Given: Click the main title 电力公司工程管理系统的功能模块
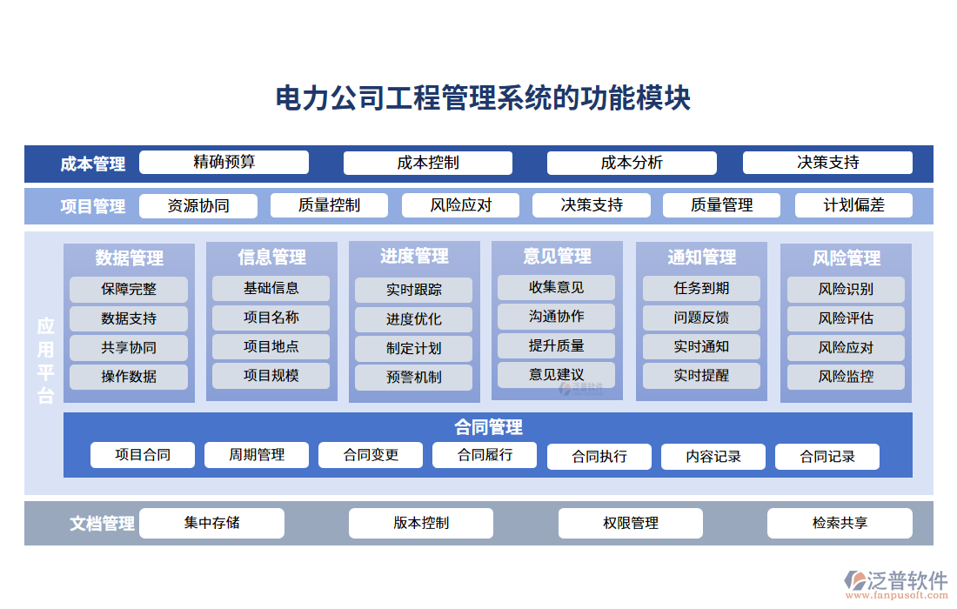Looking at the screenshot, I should [483, 98].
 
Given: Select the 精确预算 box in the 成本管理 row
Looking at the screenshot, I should [224, 163].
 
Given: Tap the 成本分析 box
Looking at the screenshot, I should [632, 163].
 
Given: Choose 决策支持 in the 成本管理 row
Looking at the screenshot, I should [827, 163].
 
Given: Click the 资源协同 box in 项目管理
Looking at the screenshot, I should [198, 206].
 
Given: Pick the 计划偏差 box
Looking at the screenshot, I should [853, 205].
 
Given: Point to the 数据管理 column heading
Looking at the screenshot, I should [129, 258].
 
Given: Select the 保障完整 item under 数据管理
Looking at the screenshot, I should [129, 289].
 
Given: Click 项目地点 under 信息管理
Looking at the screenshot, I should [271, 346].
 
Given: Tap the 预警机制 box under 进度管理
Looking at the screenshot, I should [413, 378].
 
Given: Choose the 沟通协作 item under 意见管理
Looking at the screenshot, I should [556, 317].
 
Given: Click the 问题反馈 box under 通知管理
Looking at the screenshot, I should [701, 318].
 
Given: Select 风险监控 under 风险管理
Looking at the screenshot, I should [846, 377].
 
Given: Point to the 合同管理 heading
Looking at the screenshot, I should [488, 427].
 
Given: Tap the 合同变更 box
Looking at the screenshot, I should [371, 455].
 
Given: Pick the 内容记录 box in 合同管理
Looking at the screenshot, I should [713, 457].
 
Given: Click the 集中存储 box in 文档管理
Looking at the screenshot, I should [211, 523].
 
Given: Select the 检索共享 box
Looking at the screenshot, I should [840, 523].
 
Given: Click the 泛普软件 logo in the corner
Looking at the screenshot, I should [896, 583].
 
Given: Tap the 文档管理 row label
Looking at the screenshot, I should [102, 524].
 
